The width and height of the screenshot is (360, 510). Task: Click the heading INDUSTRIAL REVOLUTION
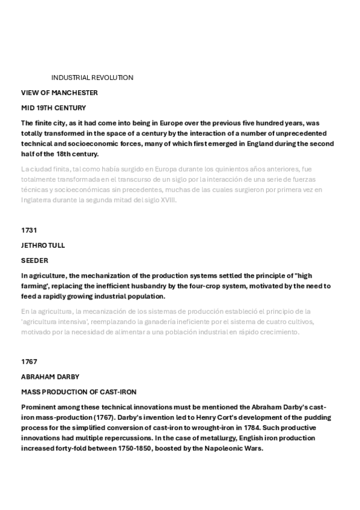(x=92, y=78)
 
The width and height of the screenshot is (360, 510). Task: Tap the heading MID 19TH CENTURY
(x=53, y=108)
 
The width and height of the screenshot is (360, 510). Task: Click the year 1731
(x=29, y=230)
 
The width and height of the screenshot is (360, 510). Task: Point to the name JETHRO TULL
(x=43, y=245)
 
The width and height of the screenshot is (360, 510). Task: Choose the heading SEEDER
(x=34, y=260)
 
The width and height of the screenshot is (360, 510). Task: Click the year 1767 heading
(x=29, y=361)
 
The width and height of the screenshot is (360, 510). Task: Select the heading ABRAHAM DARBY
(x=50, y=376)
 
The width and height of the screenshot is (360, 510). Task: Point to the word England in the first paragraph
(x=236, y=143)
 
